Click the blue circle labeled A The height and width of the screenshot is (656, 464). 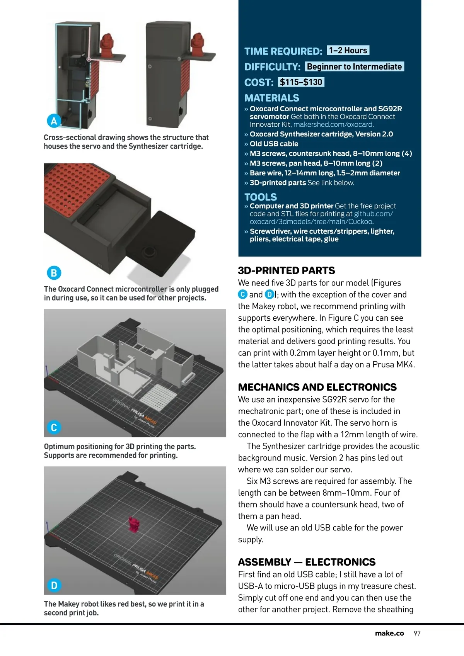point(54,121)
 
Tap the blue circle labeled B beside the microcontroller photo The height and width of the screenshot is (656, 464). point(54,273)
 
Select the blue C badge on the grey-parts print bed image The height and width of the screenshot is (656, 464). point(54,427)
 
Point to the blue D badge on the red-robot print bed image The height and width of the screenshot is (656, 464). point(54,585)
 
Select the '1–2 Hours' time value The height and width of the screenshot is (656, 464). point(348,51)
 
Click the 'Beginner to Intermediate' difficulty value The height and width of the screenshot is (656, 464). point(354,67)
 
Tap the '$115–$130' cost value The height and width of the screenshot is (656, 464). point(301,82)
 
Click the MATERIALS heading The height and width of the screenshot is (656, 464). point(272,98)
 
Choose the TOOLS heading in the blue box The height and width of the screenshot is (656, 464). point(261,197)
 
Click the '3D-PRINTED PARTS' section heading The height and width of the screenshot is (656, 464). point(287,270)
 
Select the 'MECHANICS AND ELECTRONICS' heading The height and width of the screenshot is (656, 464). point(317,387)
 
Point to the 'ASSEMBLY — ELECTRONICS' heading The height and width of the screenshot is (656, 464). point(307,562)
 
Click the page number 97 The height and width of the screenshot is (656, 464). point(417,633)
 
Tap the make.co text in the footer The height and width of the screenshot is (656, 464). point(389,633)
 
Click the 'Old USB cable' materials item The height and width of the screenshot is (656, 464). point(274,144)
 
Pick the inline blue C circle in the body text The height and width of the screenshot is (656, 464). point(242,294)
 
